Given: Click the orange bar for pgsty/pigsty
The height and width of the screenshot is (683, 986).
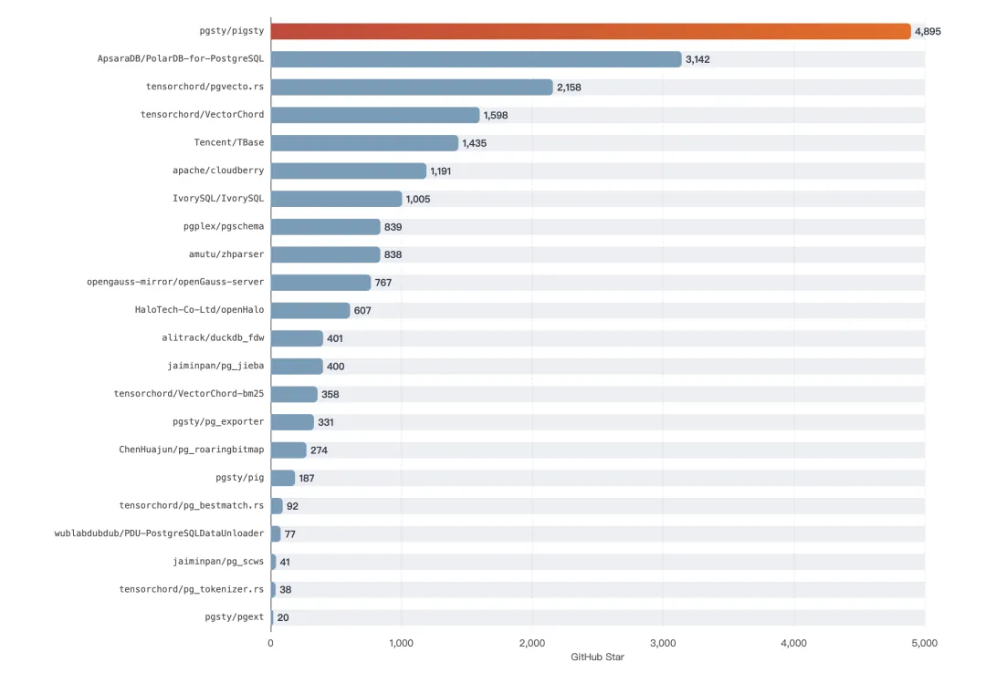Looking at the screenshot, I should pyautogui.click(x=591, y=31).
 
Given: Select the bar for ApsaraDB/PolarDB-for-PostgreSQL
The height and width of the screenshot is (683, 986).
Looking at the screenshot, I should pyautogui.click(x=476, y=59).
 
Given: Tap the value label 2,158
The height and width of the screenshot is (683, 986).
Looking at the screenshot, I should pyautogui.click(x=569, y=88).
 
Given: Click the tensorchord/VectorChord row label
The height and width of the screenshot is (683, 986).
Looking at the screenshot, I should pyautogui.click(x=202, y=115).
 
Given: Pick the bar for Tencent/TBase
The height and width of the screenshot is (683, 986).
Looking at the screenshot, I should pyautogui.click(x=364, y=143).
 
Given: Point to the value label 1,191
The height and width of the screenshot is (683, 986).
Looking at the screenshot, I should pyautogui.click(x=441, y=171).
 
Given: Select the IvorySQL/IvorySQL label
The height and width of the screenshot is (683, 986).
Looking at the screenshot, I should pyautogui.click(x=218, y=199).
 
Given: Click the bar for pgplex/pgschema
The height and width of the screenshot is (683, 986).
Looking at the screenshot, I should pyautogui.click(x=325, y=227).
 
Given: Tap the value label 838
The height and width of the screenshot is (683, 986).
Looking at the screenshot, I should pyautogui.click(x=393, y=254).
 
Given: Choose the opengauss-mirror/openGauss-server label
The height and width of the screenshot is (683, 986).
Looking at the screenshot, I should pyautogui.click(x=175, y=283).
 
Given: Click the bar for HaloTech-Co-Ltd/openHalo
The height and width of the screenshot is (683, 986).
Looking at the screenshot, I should pyautogui.click(x=310, y=311).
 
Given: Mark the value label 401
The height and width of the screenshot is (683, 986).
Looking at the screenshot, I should pyautogui.click(x=336, y=338).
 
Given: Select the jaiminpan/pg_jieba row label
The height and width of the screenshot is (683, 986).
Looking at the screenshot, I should pyautogui.click(x=215, y=367).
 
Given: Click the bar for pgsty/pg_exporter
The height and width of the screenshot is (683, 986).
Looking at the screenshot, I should pyautogui.click(x=292, y=422).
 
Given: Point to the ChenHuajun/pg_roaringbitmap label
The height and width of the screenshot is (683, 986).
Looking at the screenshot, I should pyautogui.click(x=191, y=450).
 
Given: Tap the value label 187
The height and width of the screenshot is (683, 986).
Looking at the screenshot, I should pyautogui.click(x=307, y=478).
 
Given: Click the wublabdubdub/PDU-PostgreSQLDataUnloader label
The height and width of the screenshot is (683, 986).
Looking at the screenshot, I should pyautogui.click(x=159, y=533).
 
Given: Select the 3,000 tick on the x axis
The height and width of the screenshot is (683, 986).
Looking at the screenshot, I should pyautogui.click(x=663, y=644).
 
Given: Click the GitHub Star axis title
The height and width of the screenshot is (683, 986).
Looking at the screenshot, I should pyautogui.click(x=597, y=657).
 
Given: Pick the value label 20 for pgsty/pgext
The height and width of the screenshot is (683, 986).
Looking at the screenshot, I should pyautogui.click(x=283, y=617).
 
